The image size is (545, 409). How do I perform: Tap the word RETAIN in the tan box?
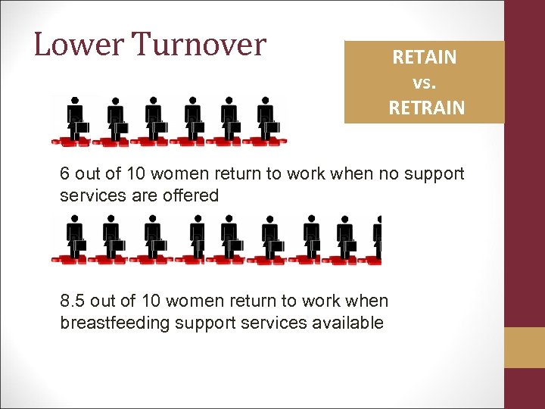[x=425, y=58]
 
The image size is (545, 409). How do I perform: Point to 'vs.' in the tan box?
[x=425, y=82]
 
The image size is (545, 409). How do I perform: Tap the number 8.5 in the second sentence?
[x=74, y=301]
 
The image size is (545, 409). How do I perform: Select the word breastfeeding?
[x=114, y=323]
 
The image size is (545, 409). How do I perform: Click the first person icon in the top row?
[x=75, y=120]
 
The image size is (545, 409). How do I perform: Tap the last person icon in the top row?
[x=266, y=120]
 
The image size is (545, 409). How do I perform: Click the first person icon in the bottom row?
[x=75, y=239]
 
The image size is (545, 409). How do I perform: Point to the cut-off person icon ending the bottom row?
[x=377, y=239]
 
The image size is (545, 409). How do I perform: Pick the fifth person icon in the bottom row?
[x=229, y=239]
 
